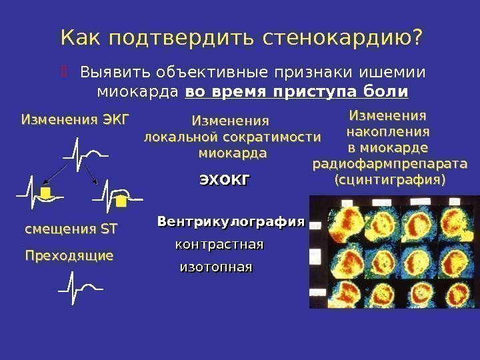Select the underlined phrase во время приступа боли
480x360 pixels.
point(297,90)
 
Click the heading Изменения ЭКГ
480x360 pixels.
point(75,120)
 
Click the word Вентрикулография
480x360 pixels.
point(231,221)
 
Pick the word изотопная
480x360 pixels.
point(217,267)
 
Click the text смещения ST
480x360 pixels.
point(71,229)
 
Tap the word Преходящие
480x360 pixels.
point(69,255)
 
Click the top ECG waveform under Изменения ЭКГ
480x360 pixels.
point(85,153)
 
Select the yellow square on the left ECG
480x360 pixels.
point(45,194)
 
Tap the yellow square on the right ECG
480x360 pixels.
point(121,200)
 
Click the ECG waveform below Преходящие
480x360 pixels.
point(80,288)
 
